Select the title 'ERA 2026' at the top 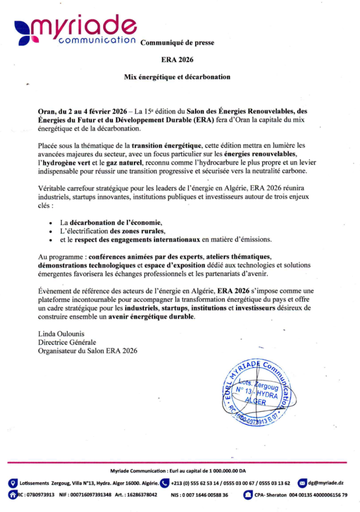[x=177, y=59]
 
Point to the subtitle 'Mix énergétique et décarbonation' [x=177, y=77]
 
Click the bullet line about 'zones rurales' [x=112, y=231]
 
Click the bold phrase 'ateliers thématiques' [x=237, y=255]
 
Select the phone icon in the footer [x=164, y=483]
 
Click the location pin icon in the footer [x=14, y=483]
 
